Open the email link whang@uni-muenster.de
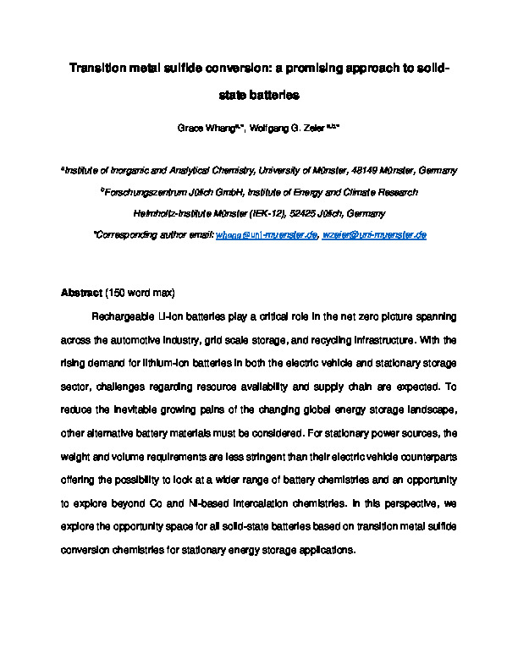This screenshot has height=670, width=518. (267, 235)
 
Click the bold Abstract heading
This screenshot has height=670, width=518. (80, 294)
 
